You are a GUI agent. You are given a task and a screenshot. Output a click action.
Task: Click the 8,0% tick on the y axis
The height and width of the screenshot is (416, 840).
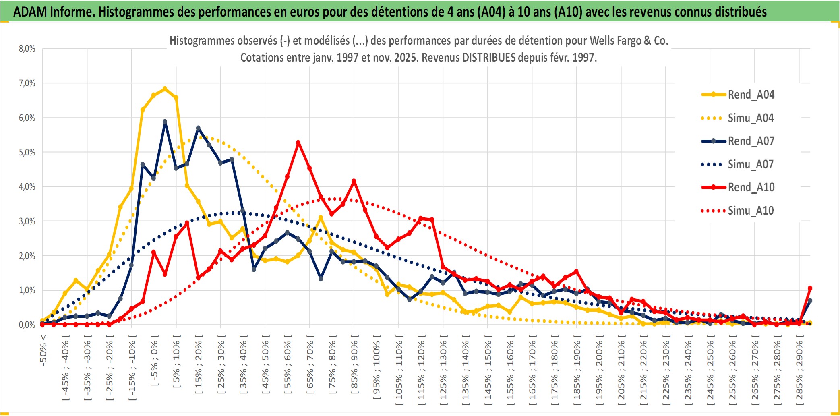(27, 49)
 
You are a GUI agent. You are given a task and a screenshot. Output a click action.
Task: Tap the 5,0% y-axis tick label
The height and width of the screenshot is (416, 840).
(27, 152)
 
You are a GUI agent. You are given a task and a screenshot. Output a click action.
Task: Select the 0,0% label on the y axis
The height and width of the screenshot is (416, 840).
(27, 325)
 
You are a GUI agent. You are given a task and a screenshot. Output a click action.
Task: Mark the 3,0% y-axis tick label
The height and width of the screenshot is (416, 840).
(27, 221)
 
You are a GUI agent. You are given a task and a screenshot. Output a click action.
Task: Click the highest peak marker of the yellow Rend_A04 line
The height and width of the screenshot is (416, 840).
(165, 89)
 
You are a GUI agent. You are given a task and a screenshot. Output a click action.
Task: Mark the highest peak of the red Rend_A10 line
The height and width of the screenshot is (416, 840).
(298, 143)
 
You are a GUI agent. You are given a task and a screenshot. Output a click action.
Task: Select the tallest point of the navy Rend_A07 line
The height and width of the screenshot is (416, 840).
(165, 122)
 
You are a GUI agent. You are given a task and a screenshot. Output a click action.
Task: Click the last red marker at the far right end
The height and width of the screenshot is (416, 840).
(810, 288)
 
